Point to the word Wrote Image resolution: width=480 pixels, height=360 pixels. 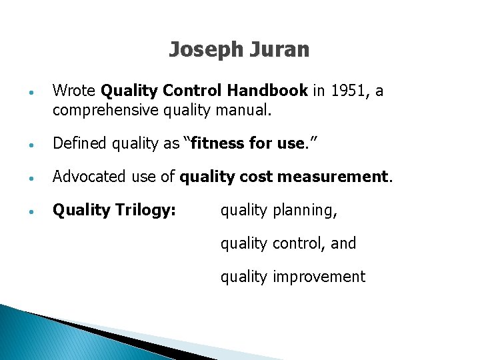click(74, 91)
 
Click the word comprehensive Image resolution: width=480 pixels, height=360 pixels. click(105, 110)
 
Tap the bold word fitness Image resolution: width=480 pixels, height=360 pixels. click(219, 143)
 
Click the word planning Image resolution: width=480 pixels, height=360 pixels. click(305, 211)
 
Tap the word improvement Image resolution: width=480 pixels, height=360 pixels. click(319, 277)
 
